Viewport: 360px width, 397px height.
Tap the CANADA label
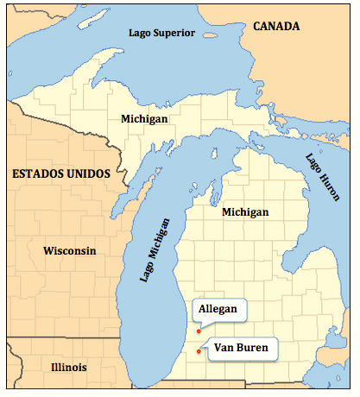275,27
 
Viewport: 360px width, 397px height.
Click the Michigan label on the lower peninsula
244,211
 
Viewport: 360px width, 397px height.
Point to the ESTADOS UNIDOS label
60,174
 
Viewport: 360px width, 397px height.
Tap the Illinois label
68,367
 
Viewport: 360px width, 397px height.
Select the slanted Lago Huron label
321,176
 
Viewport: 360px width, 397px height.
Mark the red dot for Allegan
199,331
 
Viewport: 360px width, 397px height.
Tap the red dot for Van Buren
199,351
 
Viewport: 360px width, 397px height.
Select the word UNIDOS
91,174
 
